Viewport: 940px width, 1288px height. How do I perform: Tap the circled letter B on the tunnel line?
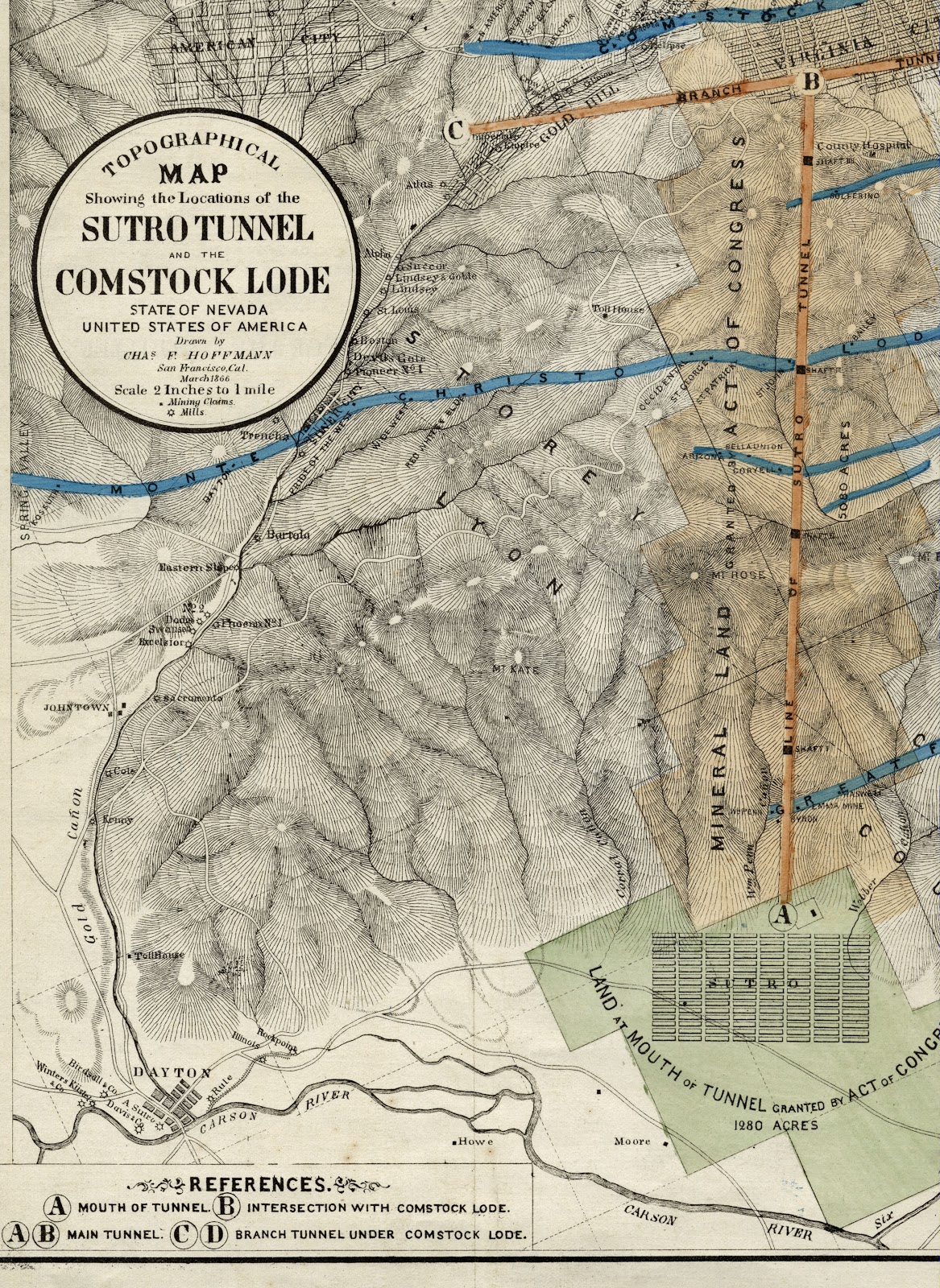pyautogui.click(x=810, y=81)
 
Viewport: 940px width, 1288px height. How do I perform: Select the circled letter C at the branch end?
pyautogui.click(x=456, y=130)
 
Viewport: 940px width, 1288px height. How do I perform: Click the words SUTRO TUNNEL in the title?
pyautogui.click(x=197, y=229)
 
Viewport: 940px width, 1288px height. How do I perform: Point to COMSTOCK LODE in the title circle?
pyautogui.click(x=193, y=282)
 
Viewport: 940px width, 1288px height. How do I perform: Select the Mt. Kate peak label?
pyautogui.click(x=513, y=669)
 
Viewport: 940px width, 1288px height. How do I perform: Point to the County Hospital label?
pyautogui.click(x=863, y=146)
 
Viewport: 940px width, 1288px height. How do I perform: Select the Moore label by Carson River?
pyautogui.click(x=631, y=1141)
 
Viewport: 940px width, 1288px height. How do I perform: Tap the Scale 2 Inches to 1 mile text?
pyautogui.click(x=194, y=390)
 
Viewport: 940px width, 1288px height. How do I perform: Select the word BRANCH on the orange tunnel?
pyautogui.click(x=709, y=93)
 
